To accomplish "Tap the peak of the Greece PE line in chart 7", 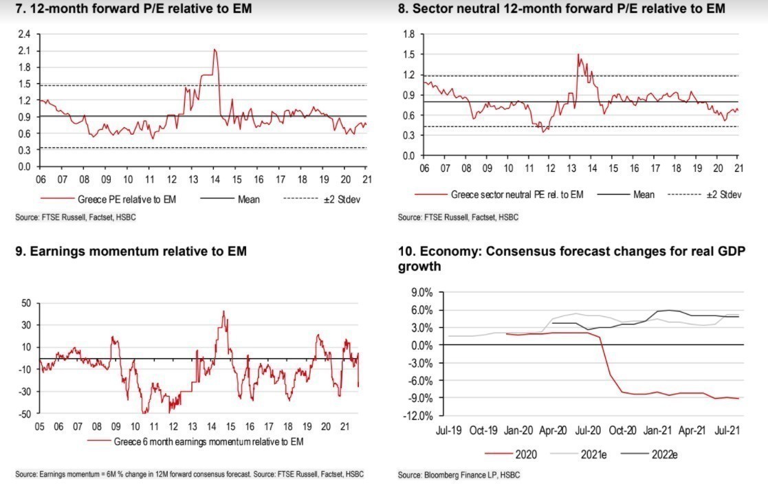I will [215, 49].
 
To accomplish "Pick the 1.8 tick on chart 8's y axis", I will [409, 34].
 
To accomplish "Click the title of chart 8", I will [562, 9].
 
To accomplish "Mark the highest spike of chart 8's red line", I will [578, 54].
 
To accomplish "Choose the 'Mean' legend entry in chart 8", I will [644, 195].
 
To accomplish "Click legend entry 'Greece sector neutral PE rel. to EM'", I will [516, 195].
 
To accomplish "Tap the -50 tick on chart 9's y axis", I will [25, 414].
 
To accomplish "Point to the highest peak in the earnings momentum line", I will [223, 311].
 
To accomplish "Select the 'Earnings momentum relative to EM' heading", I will [131, 252].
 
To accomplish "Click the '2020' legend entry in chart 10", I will [525, 454].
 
